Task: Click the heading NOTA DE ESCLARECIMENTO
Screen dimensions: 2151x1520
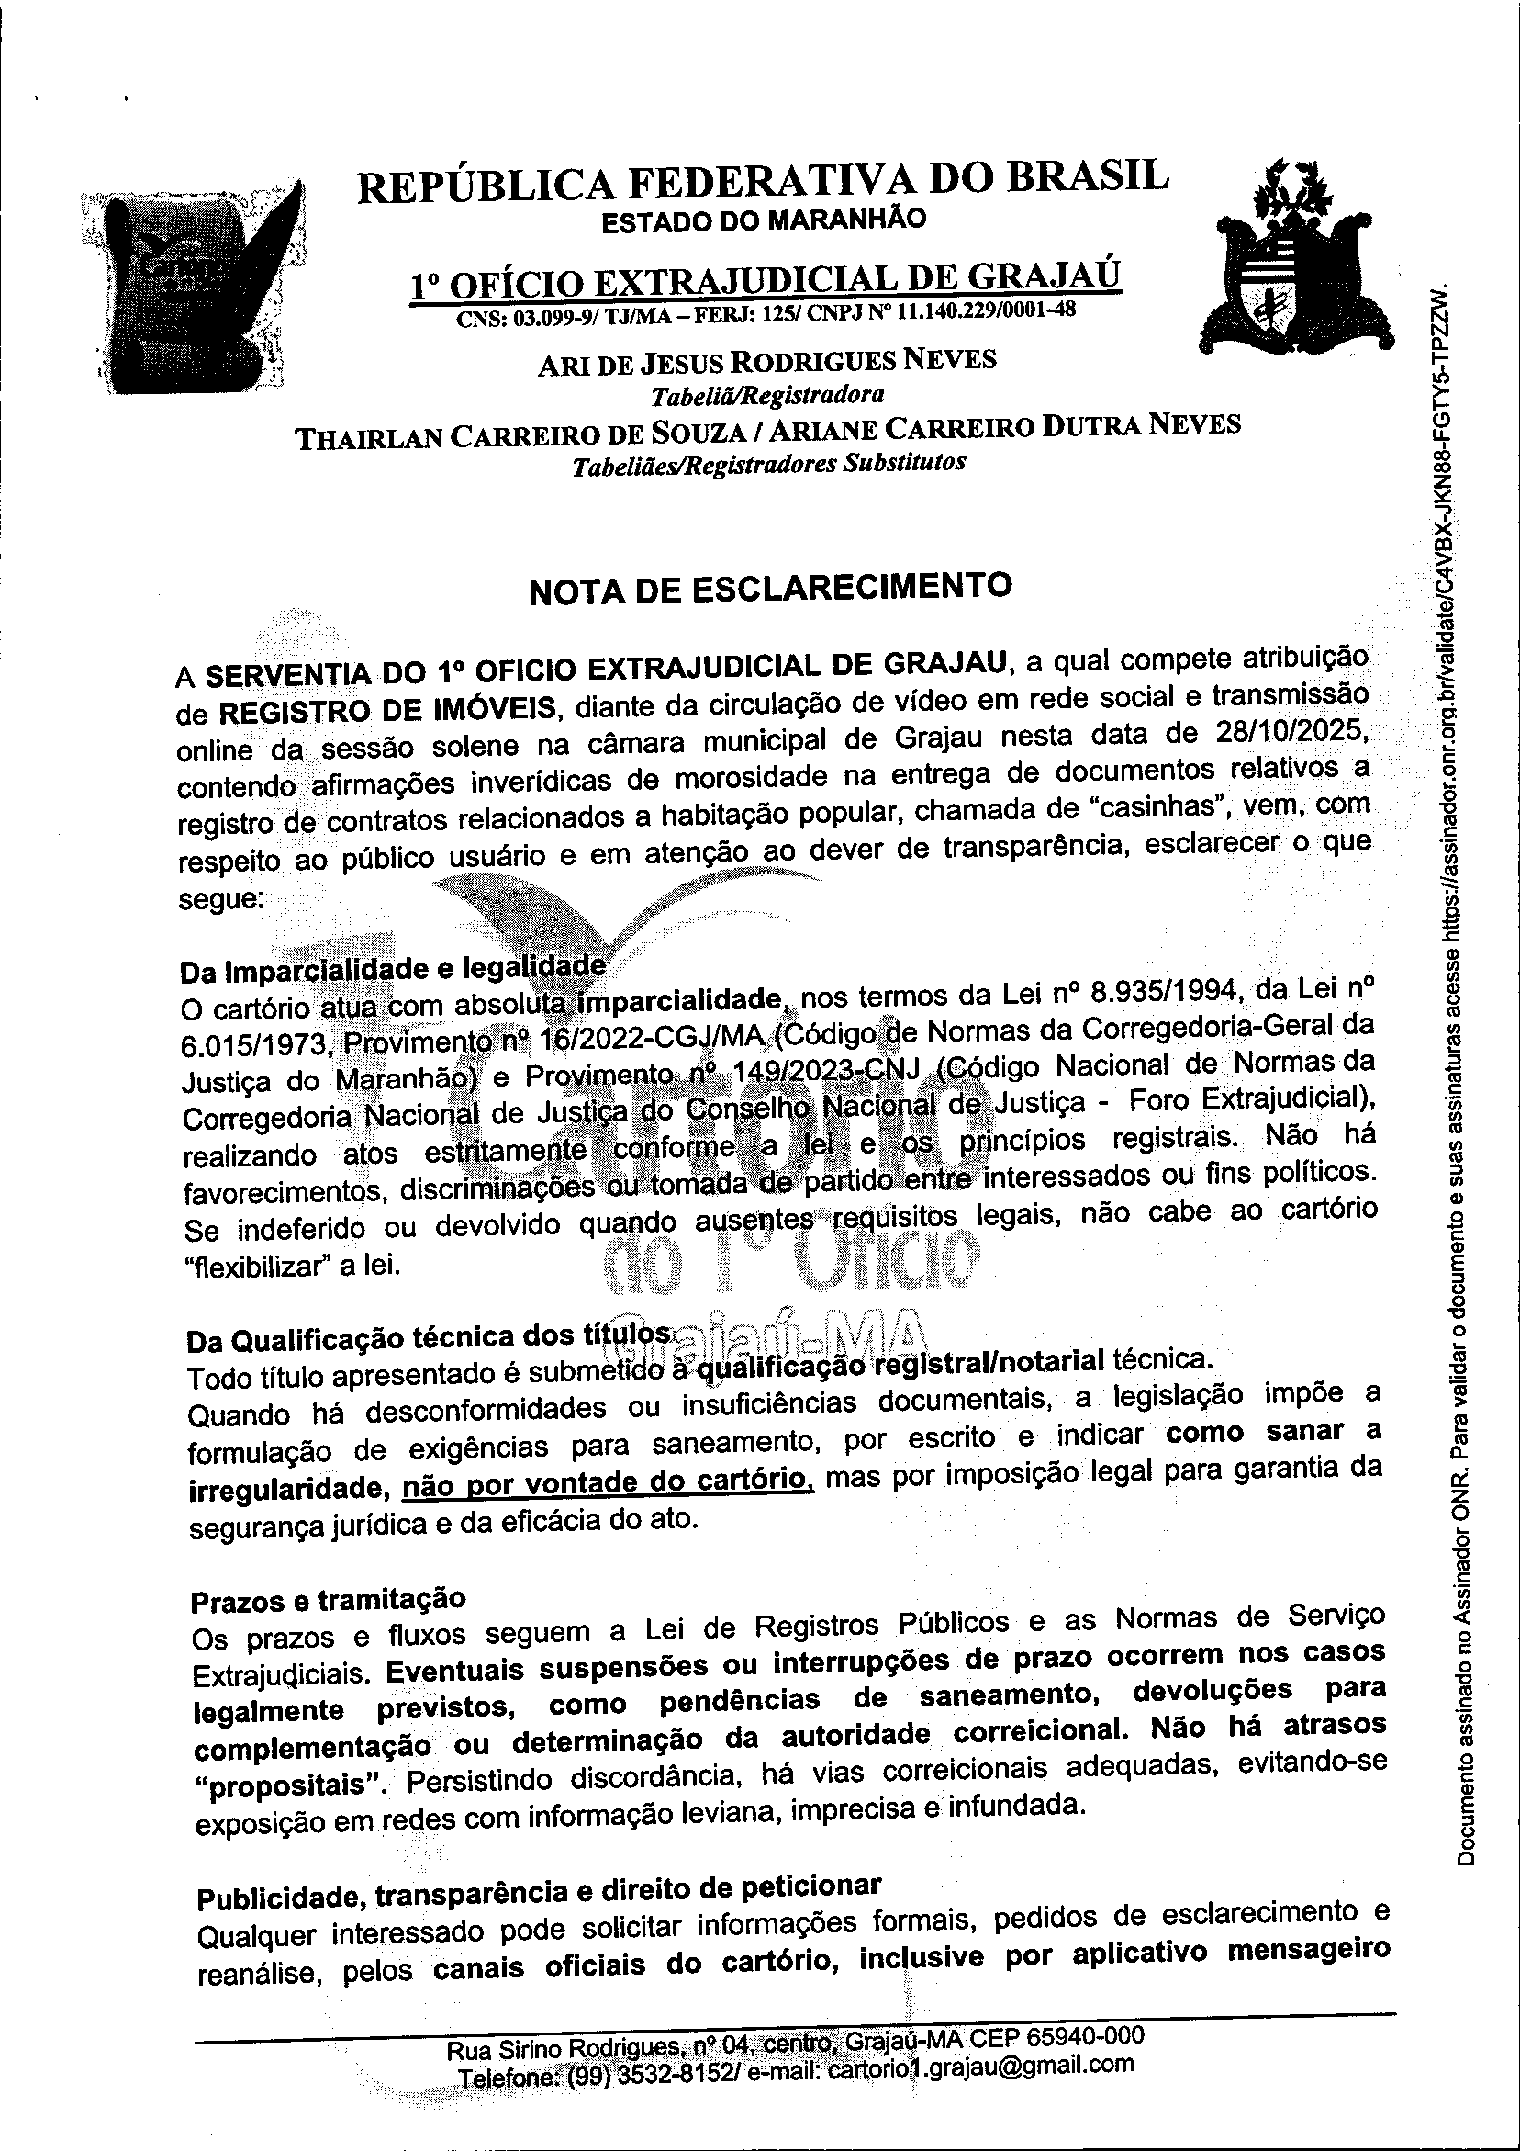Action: pyautogui.click(x=770, y=589)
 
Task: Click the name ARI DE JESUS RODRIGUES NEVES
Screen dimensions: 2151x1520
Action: pyautogui.click(x=767, y=362)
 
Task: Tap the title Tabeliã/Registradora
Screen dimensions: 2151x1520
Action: pyautogui.click(x=767, y=393)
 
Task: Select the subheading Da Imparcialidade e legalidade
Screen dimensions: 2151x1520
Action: pyautogui.click(x=391, y=968)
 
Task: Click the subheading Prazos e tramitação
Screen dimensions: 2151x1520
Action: pyautogui.click(x=328, y=1599)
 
